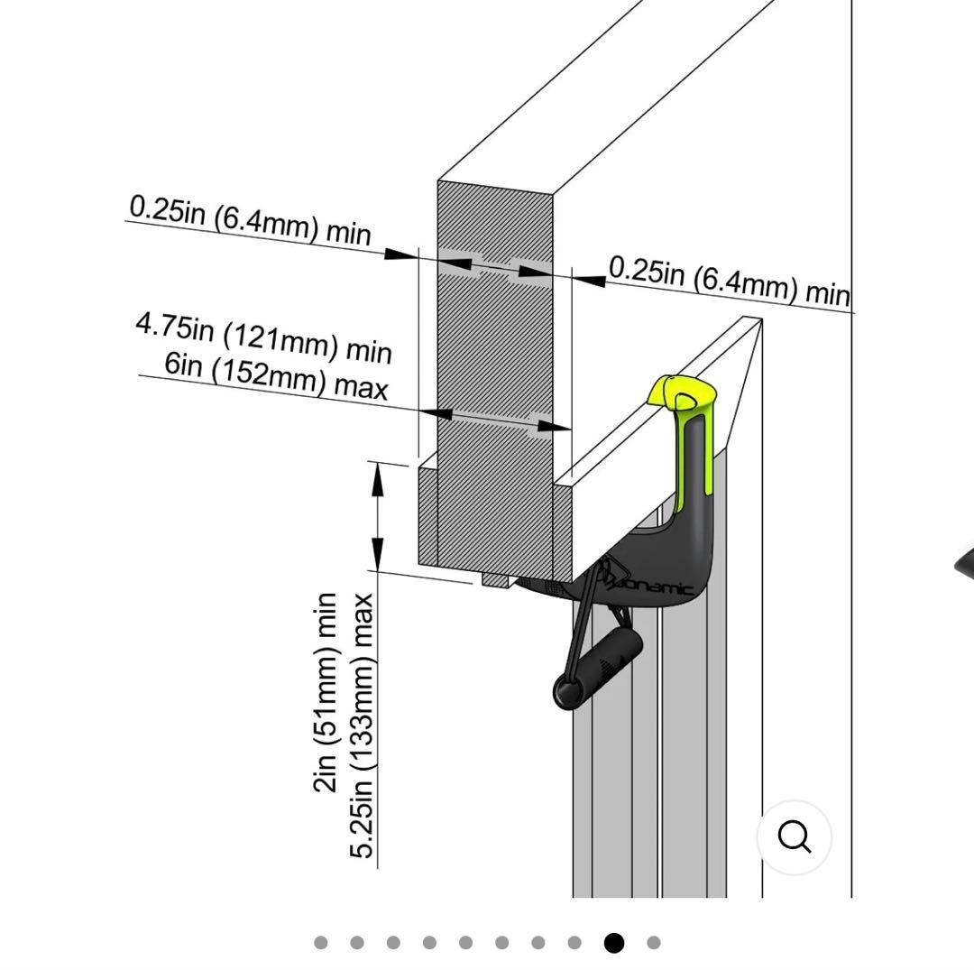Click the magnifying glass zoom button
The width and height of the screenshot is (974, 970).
794,837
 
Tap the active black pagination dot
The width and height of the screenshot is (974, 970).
614,943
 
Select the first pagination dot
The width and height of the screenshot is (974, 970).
321,943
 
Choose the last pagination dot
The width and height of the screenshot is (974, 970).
654,943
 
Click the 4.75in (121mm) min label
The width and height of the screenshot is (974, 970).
263,337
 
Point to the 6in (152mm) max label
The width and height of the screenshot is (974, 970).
276,376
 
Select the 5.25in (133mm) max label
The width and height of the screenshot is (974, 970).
361,726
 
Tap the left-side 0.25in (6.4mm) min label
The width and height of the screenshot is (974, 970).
250,220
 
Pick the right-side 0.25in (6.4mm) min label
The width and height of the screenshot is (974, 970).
729,281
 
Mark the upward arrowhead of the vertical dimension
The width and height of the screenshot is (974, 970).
378,477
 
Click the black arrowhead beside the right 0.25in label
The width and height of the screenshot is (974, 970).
590,278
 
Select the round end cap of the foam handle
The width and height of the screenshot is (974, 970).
566,693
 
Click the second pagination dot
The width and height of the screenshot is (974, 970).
357,943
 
